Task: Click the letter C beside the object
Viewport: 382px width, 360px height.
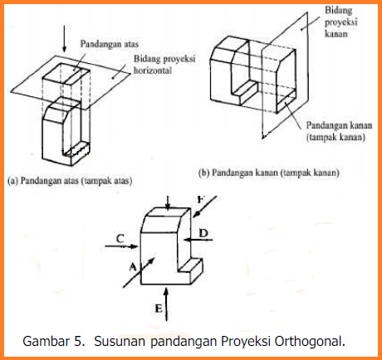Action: (120, 238)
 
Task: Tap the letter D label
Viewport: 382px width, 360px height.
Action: (203, 233)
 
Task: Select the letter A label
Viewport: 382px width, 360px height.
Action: (133, 267)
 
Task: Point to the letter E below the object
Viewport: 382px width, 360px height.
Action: (159, 308)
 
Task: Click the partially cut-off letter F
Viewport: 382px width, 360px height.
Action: (201, 199)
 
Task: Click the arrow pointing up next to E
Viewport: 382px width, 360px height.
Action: (166, 304)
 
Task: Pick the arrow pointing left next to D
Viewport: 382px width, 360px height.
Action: (198, 240)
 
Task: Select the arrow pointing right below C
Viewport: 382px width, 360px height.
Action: (121, 246)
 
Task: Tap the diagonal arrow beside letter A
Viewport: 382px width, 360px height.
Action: (139, 272)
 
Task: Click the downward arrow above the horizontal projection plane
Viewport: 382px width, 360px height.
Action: (65, 39)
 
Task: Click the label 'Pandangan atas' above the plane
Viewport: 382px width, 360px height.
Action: (110, 44)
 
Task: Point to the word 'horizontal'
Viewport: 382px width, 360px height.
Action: (153, 71)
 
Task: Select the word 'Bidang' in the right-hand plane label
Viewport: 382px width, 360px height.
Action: (339, 11)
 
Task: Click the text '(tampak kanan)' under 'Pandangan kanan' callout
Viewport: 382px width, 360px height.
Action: (335, 137)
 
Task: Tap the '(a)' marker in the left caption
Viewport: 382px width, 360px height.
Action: (12, 181)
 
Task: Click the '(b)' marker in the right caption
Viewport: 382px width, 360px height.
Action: (203, 173)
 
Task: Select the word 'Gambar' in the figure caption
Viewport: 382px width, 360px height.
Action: (46, 341)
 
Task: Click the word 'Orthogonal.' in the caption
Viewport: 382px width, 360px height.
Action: (310, 341)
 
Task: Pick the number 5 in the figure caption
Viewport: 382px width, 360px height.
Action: (78, 342)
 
